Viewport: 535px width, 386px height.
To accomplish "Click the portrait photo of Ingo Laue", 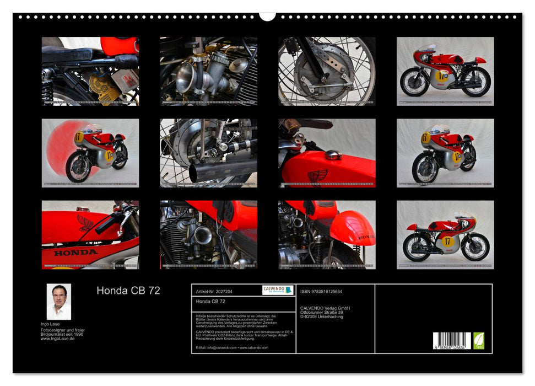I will point(58,302).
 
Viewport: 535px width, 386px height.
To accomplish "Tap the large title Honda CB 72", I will point(128,291).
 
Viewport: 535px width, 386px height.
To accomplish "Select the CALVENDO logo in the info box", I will point(277,290).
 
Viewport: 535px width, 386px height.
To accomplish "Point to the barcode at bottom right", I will point(451,341).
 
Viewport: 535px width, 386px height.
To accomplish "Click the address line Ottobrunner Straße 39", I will point(325,312).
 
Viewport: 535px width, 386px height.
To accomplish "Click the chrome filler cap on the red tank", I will point(333,156).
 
